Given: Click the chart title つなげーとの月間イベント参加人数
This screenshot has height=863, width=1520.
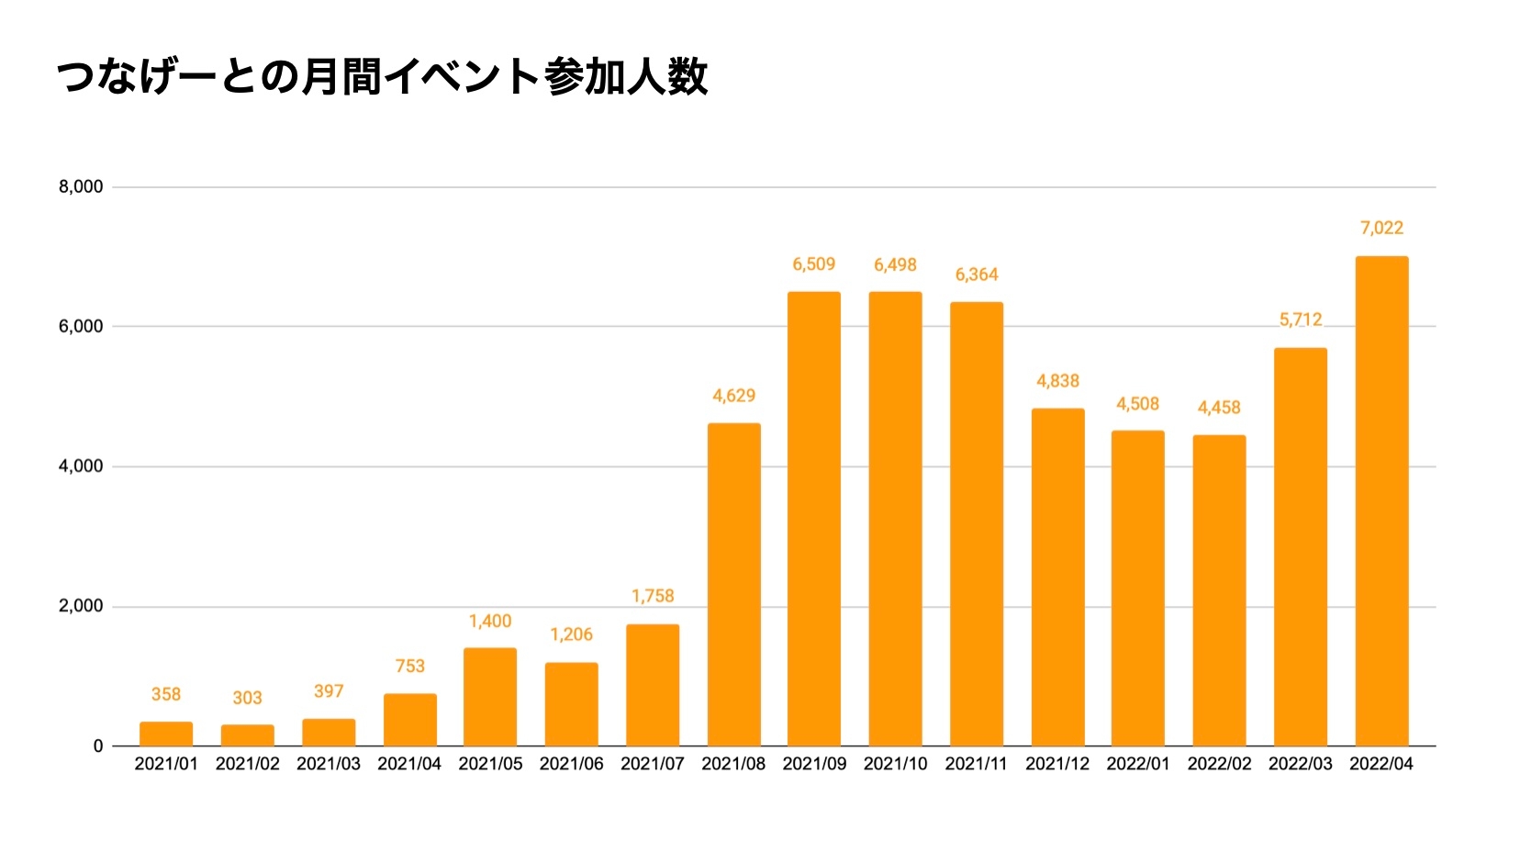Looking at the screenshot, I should coord(382,77).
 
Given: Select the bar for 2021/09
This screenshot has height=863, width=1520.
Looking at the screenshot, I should coord(814,519).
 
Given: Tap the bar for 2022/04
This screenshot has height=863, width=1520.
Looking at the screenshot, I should coord(1381,501).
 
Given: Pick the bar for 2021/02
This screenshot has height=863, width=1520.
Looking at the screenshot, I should coord(248,735).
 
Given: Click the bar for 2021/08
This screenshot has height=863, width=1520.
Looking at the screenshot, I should coord(734,585).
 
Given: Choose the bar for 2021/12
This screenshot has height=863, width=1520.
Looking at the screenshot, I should coord(1057,577).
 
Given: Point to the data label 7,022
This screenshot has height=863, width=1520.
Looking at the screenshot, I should coord(1381,228).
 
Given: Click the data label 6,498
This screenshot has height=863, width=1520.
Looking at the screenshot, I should coord(895,264).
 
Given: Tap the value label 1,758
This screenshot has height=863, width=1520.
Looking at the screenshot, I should coord(653,596).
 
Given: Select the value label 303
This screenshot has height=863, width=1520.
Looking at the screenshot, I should coord(248,698).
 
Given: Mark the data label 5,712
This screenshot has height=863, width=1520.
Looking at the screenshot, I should coord(1301,319).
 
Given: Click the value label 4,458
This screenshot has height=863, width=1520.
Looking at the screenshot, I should coord(1219,407).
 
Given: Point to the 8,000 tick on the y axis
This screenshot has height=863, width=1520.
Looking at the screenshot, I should coord(81,187).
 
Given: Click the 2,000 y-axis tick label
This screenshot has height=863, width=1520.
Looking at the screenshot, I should coord(81,606).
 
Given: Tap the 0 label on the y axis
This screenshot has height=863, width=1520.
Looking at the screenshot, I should coord(98,746).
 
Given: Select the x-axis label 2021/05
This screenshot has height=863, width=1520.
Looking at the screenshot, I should coord(490,764).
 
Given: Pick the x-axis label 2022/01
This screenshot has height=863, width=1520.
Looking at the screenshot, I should coord(1138,764).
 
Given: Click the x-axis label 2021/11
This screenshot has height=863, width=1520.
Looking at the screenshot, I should coord(976,764).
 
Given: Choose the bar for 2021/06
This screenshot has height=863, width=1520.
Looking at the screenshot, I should coord(571,704).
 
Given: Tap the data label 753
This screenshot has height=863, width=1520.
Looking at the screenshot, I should coord(410,666).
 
